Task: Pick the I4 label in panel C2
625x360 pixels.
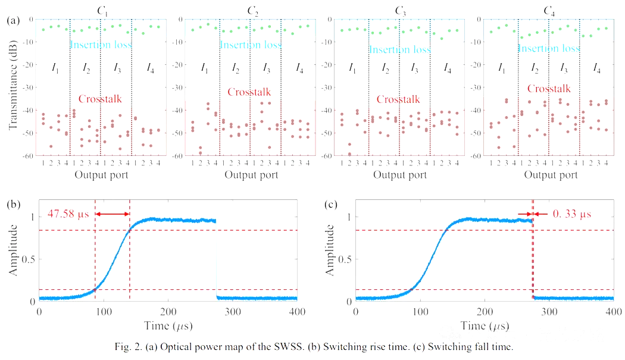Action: tap(299, 69)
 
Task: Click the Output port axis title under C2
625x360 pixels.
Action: tap(251, 175)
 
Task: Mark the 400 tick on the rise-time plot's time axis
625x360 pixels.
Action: tap(296, 312)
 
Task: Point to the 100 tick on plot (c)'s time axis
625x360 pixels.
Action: tap(420, 312)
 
